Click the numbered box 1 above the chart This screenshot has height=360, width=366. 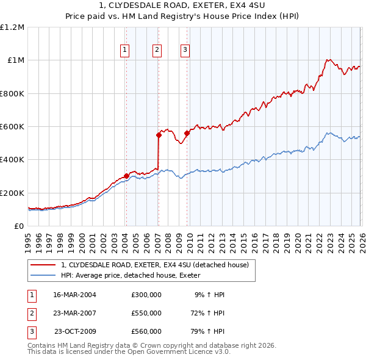[124, 50]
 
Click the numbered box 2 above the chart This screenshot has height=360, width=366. [157, 50]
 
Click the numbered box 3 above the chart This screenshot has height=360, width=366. [185, 50]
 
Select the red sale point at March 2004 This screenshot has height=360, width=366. [126, 176]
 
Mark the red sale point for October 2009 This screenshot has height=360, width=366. [187, 134]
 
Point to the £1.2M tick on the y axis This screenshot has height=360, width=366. [12, 27]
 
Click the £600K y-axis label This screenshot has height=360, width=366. [12, 127]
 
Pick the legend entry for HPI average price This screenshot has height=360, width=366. [134, 276]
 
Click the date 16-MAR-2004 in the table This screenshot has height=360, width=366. [74, 295]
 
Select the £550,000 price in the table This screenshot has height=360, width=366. [146, 312]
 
